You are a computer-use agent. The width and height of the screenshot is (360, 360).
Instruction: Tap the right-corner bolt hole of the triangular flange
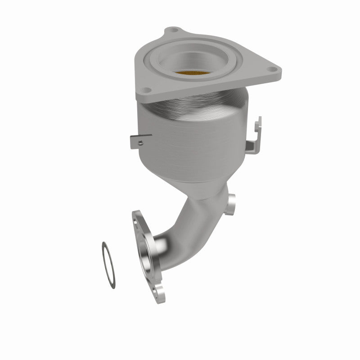[x=272, y=70]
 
